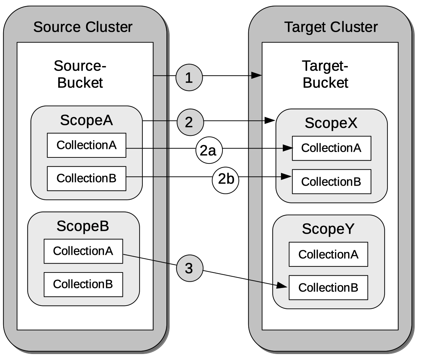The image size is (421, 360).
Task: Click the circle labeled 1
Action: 189,78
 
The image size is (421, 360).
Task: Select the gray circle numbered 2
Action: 190,122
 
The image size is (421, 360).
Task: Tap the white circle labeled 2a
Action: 209,151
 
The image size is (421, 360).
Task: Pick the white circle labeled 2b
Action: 226,180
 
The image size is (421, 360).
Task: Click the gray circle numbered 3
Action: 189,269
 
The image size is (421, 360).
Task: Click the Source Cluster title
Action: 83,27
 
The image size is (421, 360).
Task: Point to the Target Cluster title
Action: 330,27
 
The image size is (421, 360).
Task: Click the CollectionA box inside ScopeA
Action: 86,145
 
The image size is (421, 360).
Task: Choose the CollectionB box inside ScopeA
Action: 86,178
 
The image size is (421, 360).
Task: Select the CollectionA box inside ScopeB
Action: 83,251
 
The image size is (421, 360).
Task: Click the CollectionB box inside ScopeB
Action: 83,284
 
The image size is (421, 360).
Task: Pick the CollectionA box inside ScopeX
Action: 331,148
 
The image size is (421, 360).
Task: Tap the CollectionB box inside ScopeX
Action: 331,181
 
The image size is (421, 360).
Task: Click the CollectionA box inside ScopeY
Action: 328,254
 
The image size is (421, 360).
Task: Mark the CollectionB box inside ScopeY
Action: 328,288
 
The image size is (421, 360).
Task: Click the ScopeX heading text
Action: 331,123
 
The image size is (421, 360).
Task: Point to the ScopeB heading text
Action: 83,226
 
